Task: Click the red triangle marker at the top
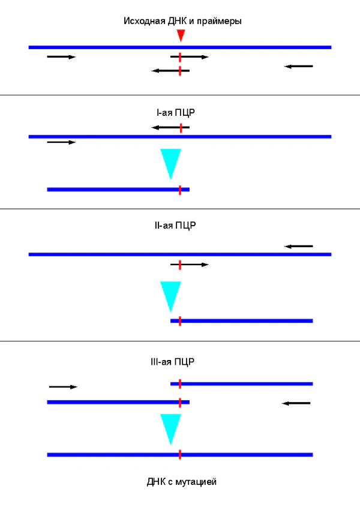(x=181, y=36)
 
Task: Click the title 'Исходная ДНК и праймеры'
(x=182, y=21)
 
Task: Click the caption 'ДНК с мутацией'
(x=181, y=481)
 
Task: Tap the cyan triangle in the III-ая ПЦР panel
(x=171, y=427)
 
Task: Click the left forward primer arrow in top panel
(x=61, y=57)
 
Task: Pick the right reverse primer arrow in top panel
(x=299, y=66)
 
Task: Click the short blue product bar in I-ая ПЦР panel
(x=118, y=190)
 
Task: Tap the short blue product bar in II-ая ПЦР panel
(x=242, y=321)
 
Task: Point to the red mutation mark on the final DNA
(x=180, y=455)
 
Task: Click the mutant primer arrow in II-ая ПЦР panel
(x=190, y=264)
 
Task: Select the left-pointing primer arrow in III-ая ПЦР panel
(x=296, y=403)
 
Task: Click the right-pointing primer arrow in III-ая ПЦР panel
(x=63, y=387)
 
